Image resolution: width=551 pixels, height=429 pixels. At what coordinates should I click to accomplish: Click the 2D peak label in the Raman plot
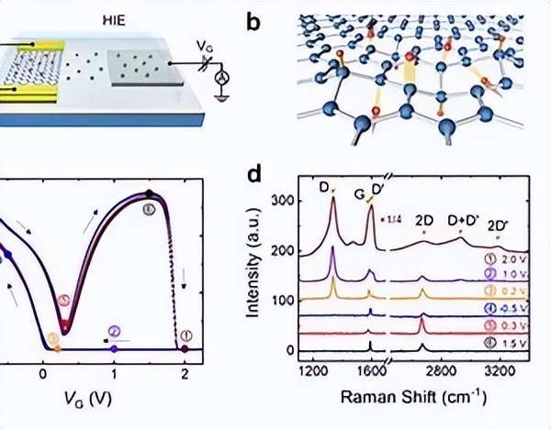(x=424, y=221)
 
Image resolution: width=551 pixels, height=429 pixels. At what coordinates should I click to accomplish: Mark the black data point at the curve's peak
(x=149, y=193)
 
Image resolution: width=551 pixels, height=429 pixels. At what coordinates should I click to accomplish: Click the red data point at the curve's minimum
(x=64, y=327)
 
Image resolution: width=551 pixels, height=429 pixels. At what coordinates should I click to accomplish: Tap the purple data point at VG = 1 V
(x=113, y=349)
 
